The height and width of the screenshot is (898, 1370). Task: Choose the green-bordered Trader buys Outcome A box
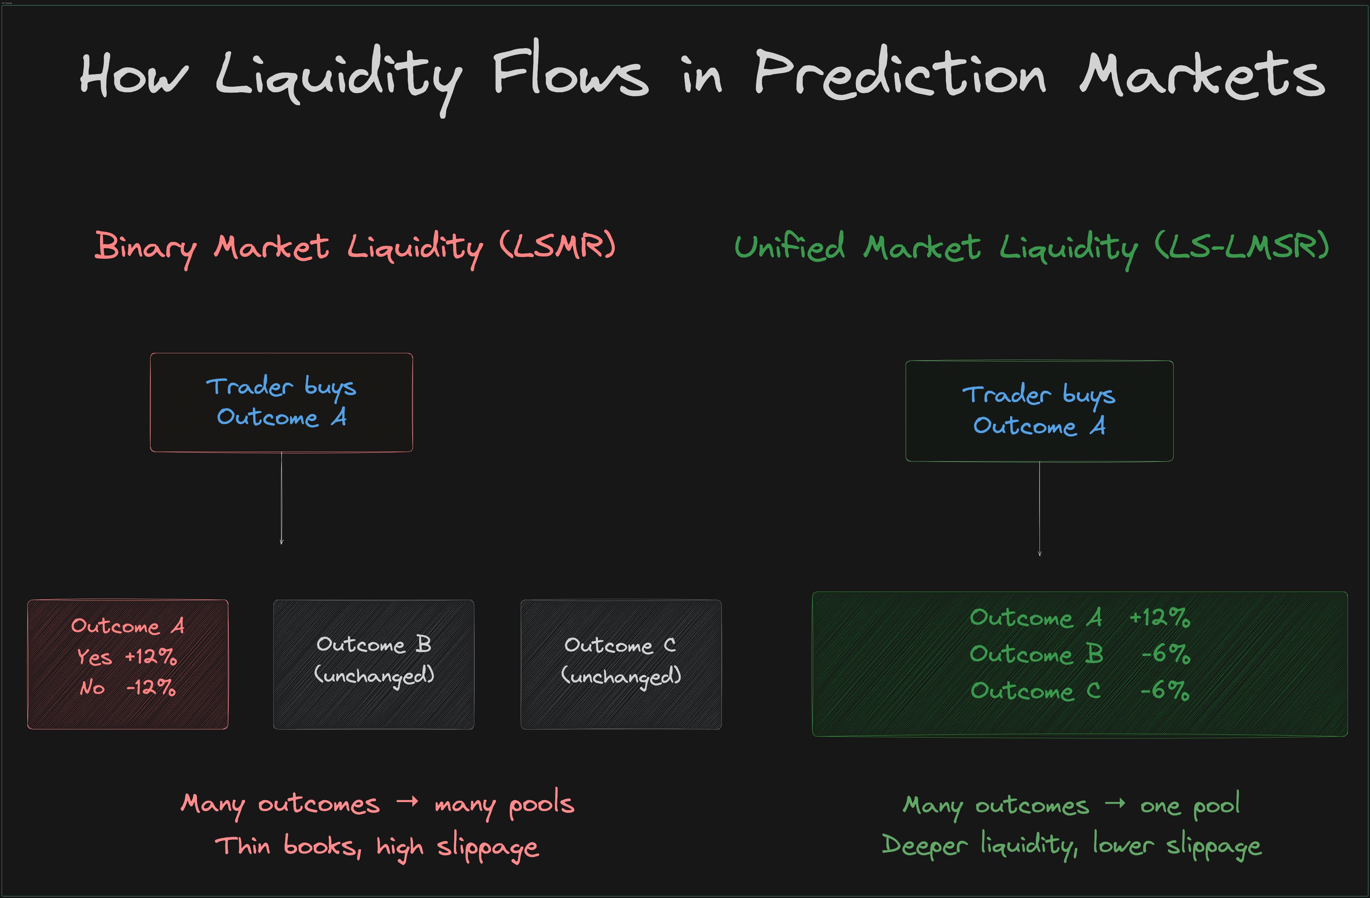(x=1039, y=411)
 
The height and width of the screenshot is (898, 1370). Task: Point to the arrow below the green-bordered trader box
(x=1039, y=509)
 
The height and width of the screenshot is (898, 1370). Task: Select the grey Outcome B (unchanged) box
(x=374, y=664)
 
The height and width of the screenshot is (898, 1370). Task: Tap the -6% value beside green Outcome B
(x=1166, y=654)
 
